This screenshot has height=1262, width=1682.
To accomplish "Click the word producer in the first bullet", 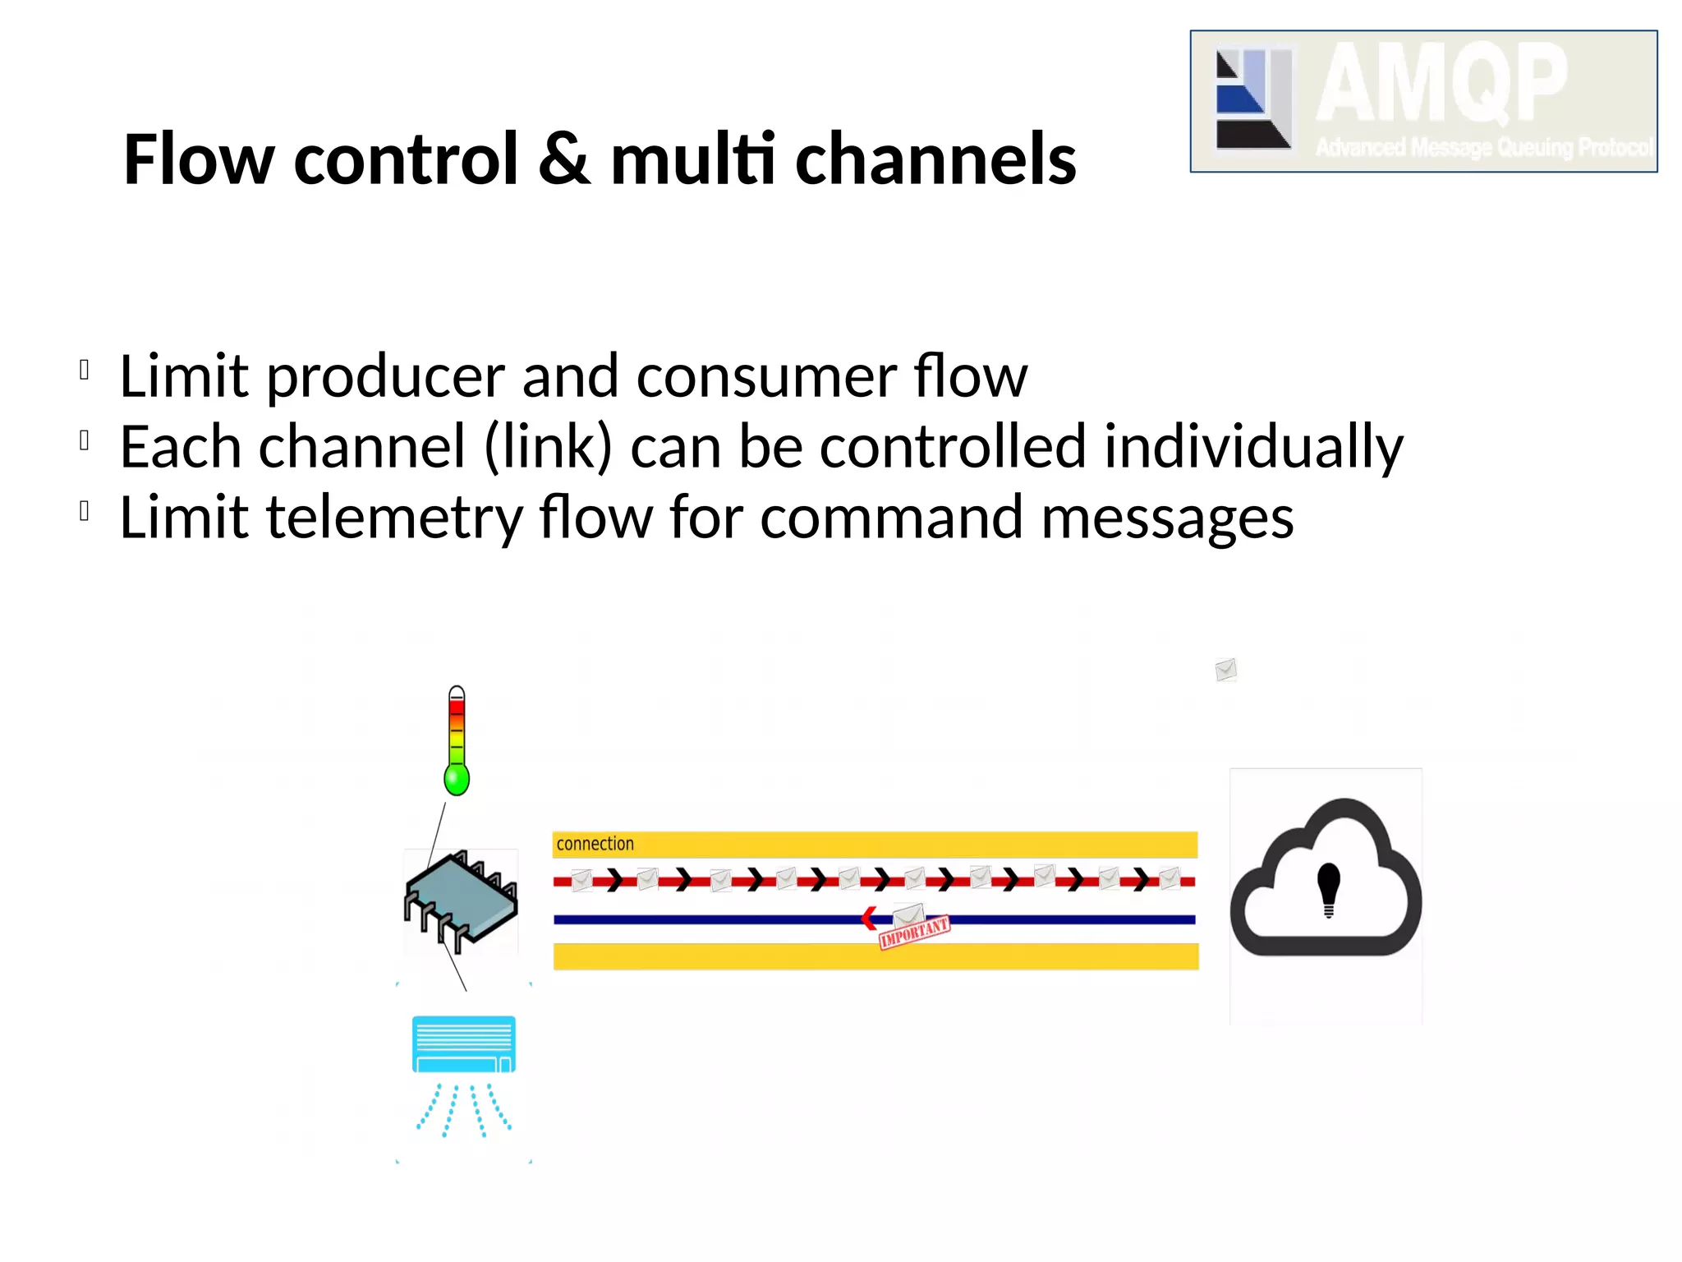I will [x=384, y=377].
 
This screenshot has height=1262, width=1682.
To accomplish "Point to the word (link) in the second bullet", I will [x=548, y=448].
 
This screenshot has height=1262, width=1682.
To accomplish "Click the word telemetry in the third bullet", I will [x=394, y=518].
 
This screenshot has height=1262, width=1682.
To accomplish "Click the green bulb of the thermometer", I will [x=457, y=778].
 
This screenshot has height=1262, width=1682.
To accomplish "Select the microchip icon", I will [x=461, y=900].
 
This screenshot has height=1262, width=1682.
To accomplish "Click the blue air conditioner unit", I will [x=464, y=1044].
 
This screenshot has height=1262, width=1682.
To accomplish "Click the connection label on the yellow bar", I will [x=595, y=844].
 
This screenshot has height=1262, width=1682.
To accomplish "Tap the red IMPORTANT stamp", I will [x=914, y=933].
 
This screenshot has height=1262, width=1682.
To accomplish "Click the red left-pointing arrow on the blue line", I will [x=868, y=919].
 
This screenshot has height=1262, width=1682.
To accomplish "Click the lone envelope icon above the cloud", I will [x=1225, y=670].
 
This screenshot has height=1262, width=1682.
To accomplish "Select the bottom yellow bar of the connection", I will [x=875, y=957].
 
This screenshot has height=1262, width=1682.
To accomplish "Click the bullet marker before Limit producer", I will [x=84, y=370].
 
